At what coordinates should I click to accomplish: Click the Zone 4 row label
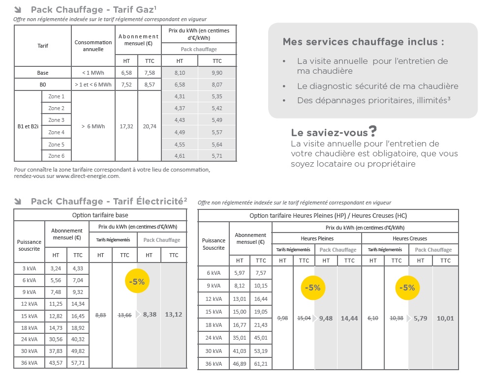pos(57,132)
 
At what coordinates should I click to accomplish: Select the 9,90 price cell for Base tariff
pos(217,73)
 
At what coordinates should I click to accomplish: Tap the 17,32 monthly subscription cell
pos(126,126)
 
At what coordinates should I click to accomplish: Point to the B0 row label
pos(43,85)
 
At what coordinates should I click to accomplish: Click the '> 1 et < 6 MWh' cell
pos(93,85)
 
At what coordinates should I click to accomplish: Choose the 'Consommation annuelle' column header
pos(93,46)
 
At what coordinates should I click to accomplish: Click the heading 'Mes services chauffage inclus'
pos(363,42)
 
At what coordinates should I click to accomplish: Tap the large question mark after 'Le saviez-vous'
pos(373,131)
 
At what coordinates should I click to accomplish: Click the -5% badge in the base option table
pos(137,282)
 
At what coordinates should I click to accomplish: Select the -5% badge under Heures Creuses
pos(408,288)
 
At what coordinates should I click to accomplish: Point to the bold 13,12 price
pos(174,315)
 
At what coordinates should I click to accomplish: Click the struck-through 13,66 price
pos(124,315)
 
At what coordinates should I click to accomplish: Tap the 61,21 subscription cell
pos(261,363)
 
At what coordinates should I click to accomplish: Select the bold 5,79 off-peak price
pos(420,318)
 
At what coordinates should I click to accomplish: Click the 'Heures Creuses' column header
pos(410,238)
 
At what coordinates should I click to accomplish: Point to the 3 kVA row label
pos(29,269)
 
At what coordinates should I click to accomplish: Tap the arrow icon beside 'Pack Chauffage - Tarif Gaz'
pos(18,10)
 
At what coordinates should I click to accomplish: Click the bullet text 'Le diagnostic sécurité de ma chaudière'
pos(377,86)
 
